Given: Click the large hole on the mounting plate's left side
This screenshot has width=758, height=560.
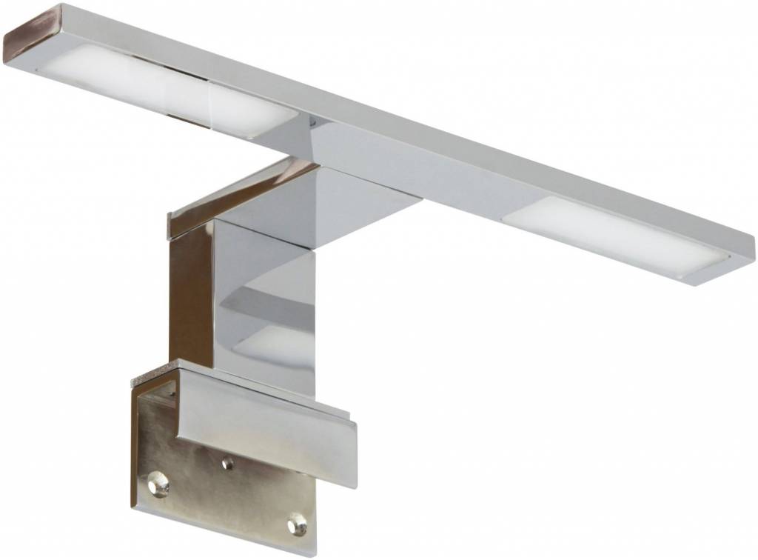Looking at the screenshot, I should coord(159,483).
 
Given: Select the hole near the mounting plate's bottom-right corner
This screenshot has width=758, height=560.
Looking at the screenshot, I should coord(296,523).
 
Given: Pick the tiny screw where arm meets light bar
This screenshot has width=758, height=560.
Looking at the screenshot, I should coord(315,120).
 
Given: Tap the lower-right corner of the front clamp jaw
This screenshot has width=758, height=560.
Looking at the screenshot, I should coord(354,465).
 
